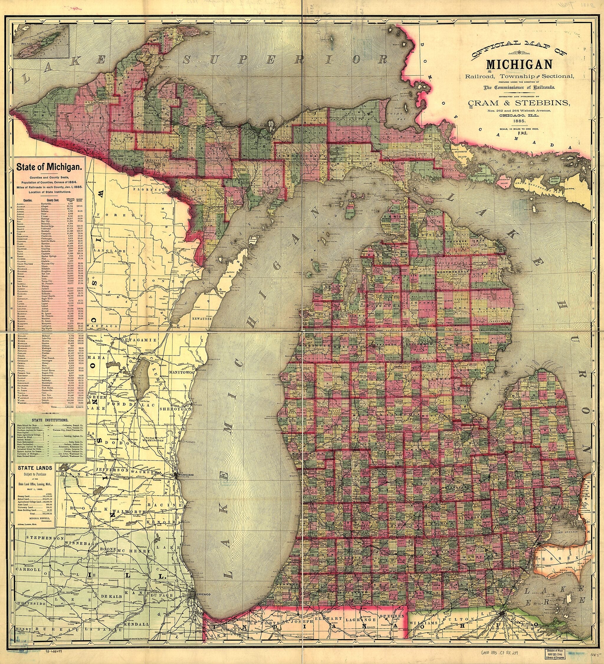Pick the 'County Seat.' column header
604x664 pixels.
coord(55,200)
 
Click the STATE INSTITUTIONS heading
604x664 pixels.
coord(50,420)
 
